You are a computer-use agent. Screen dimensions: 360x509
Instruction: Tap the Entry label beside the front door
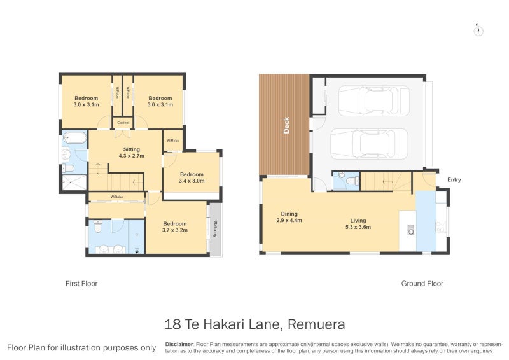click(454, 180)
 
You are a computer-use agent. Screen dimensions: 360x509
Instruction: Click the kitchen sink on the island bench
click(411, 229)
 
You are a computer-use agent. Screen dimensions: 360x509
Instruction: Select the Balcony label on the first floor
click(216, 229)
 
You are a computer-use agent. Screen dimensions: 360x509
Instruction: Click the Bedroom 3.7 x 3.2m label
click(174, 227)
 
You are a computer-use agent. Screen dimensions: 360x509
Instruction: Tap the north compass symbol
click(478, 29)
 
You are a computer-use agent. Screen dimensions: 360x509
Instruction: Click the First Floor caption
click(81, 284)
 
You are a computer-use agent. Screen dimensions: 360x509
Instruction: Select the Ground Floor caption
click(422, 284)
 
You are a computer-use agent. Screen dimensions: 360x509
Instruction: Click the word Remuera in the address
click(316, 325)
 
